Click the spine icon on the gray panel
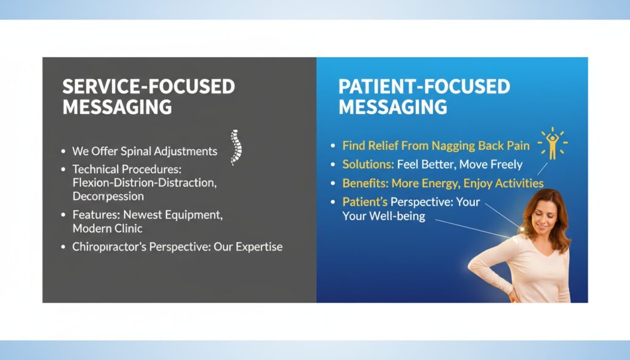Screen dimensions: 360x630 [x=234, y=147]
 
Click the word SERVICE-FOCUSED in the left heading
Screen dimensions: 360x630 [x=148, y=87]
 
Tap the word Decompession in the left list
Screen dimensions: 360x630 [x=108, y=196]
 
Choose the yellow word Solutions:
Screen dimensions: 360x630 [x=368, y=164]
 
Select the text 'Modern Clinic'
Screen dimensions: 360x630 [x=107, y=228]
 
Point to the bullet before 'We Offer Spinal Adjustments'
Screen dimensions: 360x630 [x=63, y=151]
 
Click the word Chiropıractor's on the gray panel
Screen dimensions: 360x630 [x=108, y=247]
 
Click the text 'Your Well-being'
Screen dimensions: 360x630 [x=383, y=216]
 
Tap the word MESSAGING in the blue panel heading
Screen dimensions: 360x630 [x=393, y=107]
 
